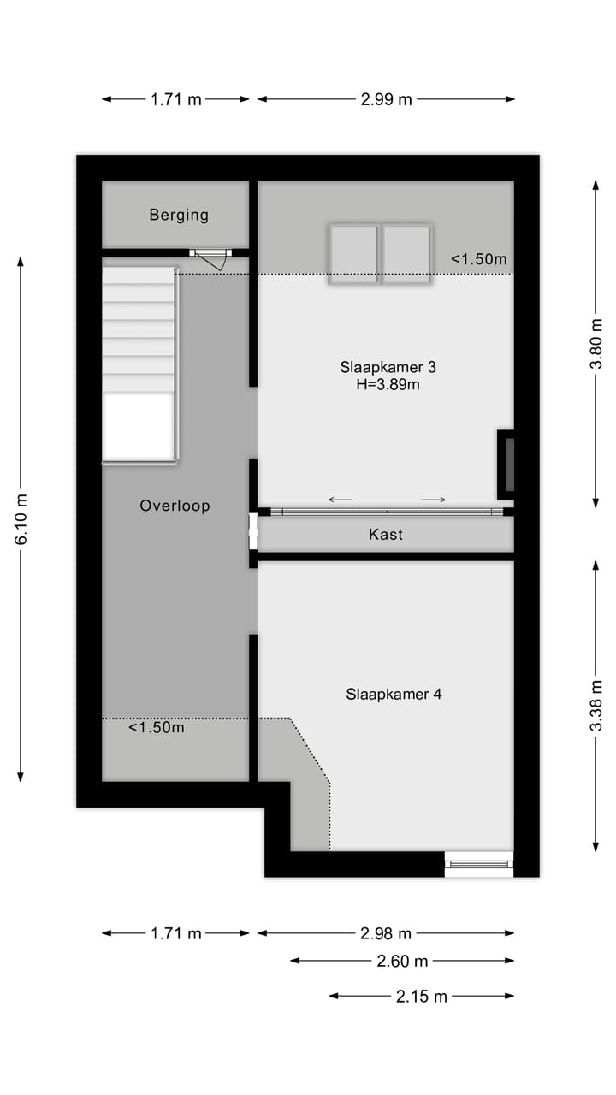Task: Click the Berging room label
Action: [179, 215]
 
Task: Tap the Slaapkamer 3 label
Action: [388, 367]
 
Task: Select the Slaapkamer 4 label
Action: [394, 694]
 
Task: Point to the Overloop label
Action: [175, 506]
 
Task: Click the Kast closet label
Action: [385, 535]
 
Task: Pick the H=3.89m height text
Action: [388, 385]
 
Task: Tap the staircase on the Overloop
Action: [139, 364]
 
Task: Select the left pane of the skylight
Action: [353, 253]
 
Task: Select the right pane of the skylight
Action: [406, 253]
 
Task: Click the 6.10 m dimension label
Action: [21, 518]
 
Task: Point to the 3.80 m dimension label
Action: [596, 343]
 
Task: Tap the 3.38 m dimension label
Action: [596, 706]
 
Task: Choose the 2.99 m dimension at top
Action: [386, 99]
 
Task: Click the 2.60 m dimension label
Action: [402, 961]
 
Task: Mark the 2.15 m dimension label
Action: [422, 996]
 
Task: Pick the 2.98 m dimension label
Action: [386, 933]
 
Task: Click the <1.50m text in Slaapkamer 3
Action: [479, 259]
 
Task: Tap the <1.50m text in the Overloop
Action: [157, 728]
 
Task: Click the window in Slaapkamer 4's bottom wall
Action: [479, 864]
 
